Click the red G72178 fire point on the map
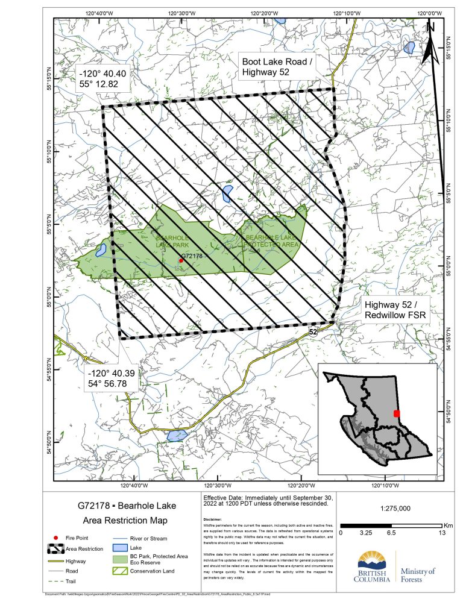click(181, 260)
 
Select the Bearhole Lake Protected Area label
click(269, 242)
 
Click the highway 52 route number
click(313, 331)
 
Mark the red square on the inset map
click(396, 413)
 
